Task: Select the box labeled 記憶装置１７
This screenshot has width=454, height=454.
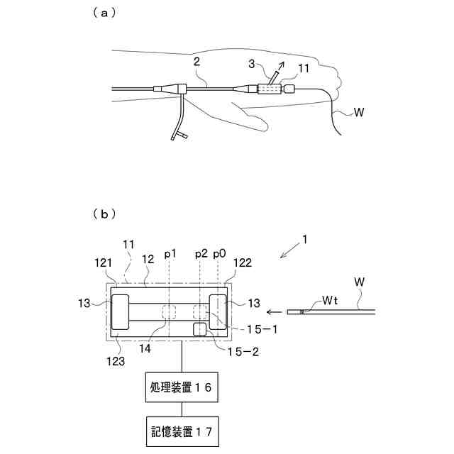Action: (x=182, y=430)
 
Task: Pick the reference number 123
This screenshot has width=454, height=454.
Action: (x=115, y=360)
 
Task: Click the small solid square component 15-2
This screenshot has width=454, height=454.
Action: (x=199, y=328)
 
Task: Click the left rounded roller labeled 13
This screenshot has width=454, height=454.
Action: (x=119, y=312)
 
